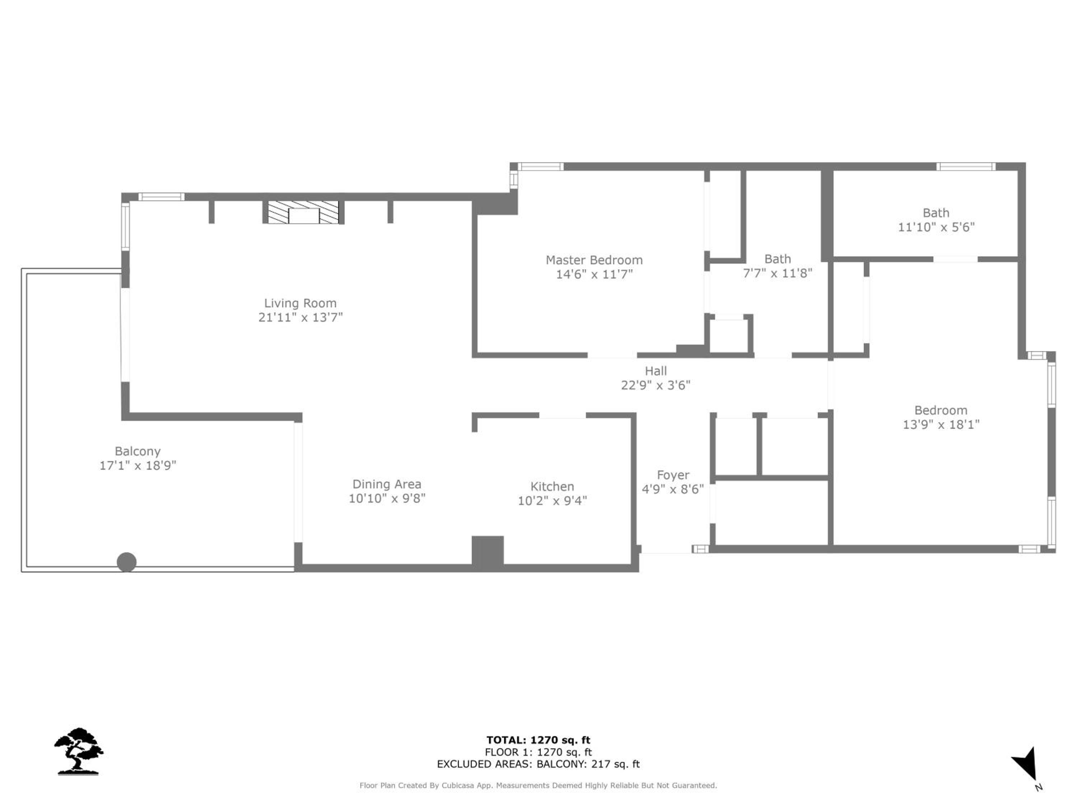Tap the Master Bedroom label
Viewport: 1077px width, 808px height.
coord(594,260)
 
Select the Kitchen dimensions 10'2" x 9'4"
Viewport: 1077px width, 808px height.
coord(552,501)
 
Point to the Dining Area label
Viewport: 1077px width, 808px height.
coord(387,484)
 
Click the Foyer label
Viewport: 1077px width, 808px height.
coord(673,475)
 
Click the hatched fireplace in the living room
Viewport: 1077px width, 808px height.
coord(303,212)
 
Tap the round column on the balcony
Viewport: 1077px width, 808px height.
coord(127,562)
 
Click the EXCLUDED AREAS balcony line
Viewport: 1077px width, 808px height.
coord(538,764)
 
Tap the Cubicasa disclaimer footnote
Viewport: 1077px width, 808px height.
coord(538,785)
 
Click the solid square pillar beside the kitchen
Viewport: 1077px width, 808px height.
coord(488,551)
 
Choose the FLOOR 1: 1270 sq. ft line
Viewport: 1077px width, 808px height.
coord(538,752)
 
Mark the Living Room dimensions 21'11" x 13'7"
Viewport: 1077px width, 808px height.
coord(300,317)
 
